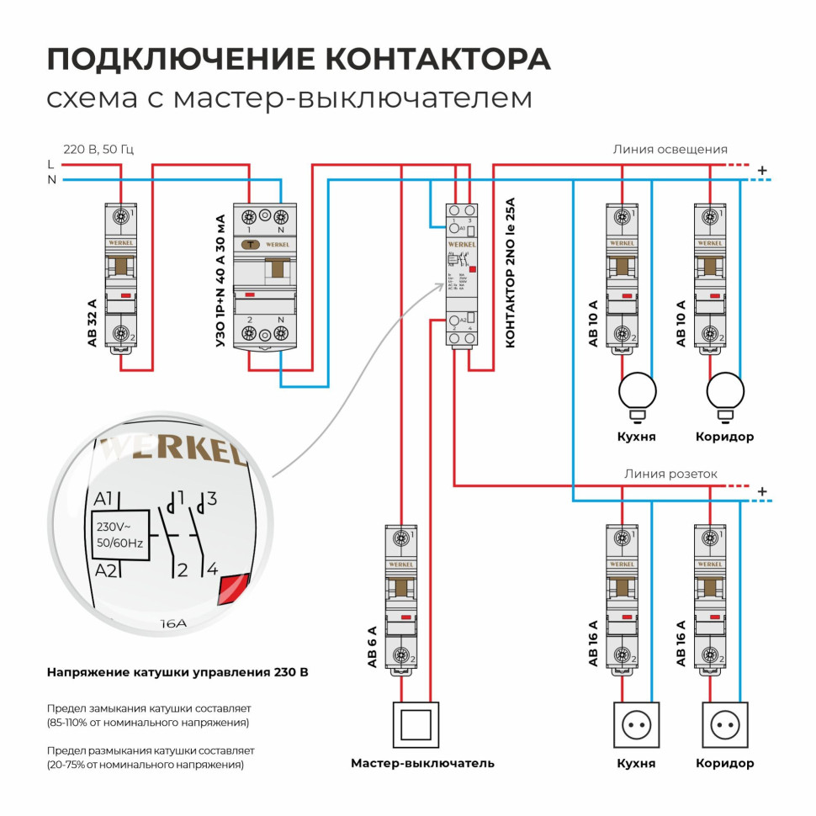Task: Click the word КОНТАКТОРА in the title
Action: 437,59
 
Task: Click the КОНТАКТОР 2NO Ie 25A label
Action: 508,276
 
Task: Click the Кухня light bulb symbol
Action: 638,391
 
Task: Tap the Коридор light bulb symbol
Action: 725,391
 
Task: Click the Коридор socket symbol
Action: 725,723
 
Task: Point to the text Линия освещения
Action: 670,149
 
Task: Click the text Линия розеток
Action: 670,474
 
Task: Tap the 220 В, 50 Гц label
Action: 98,149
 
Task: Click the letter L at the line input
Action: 51,164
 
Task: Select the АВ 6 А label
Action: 372,646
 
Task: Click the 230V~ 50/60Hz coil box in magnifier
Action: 120,535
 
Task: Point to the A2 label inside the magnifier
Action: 105,571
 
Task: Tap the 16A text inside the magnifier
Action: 172,624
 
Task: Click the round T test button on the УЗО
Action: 250,245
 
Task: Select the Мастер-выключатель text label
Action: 422,763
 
